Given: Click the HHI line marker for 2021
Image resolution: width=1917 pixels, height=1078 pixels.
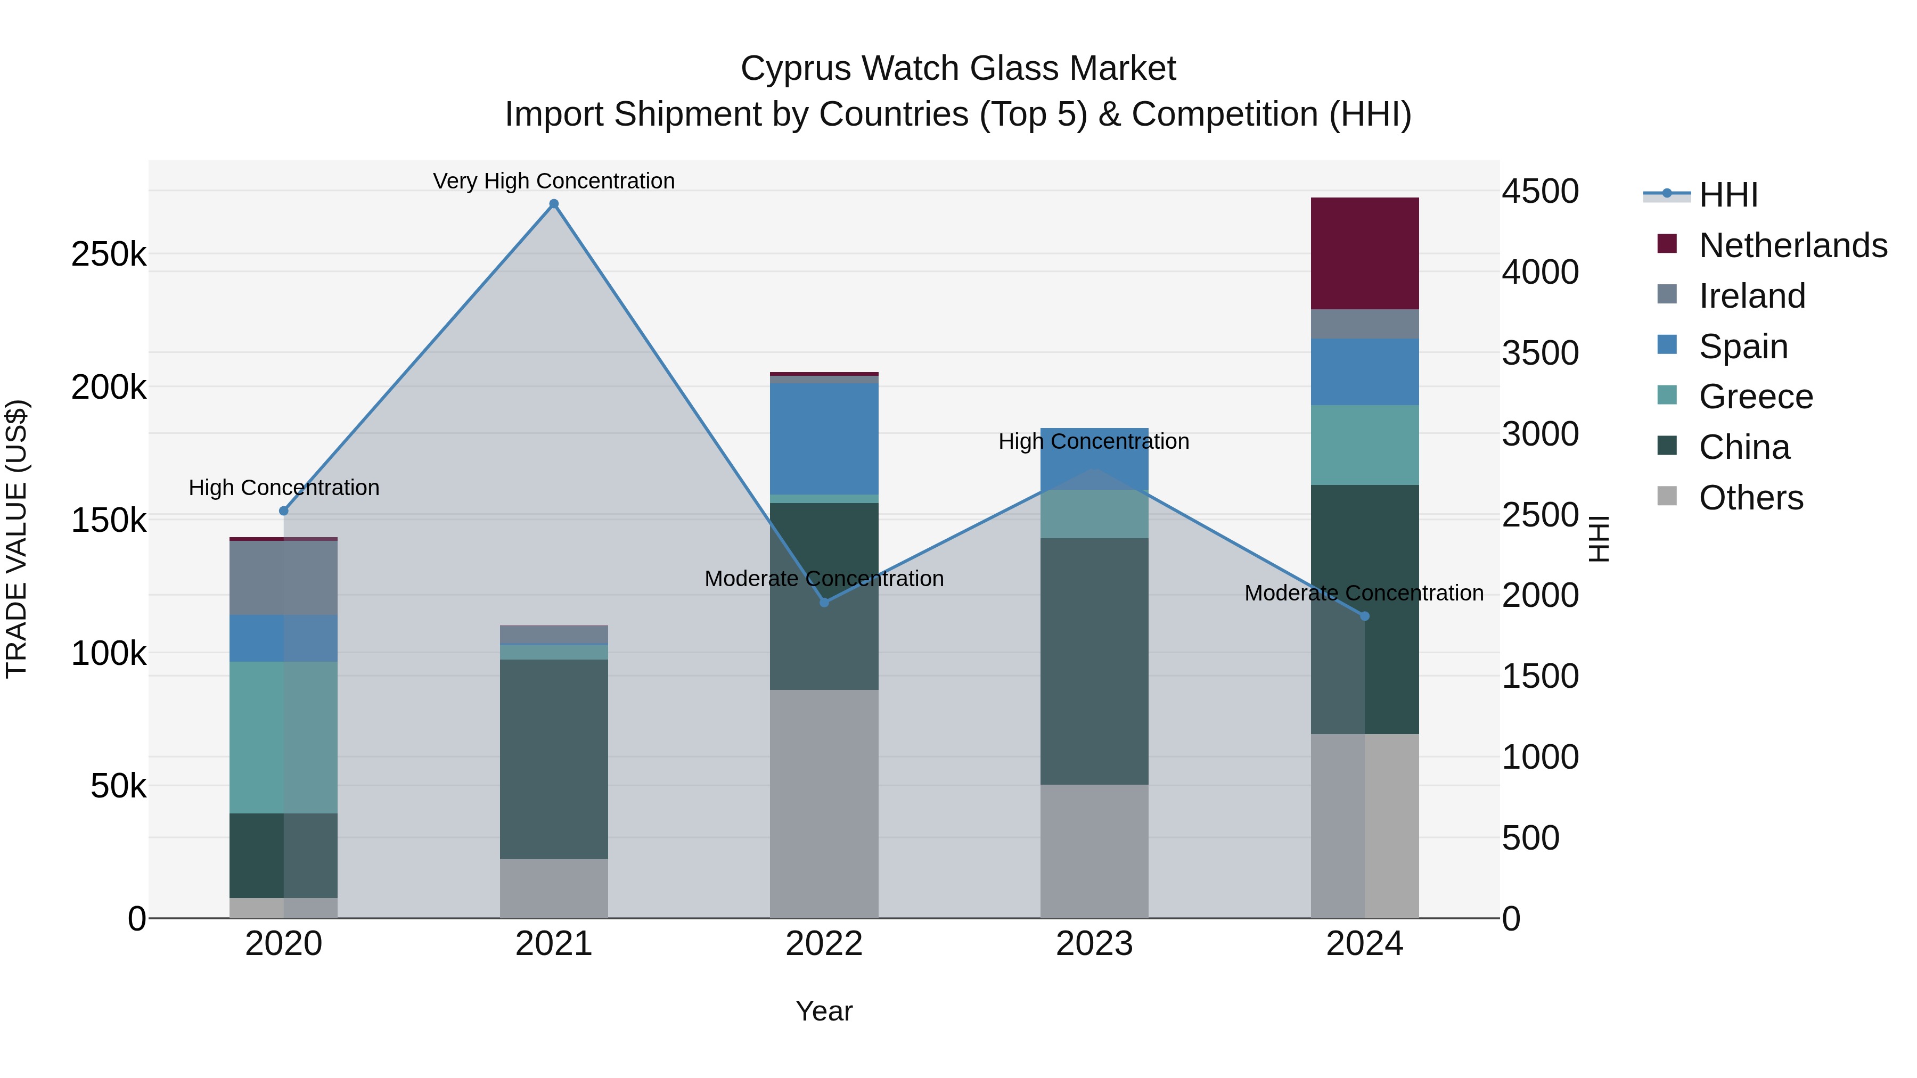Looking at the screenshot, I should tap(554, 204).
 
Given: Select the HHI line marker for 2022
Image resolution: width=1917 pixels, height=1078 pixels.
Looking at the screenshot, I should tap(824, 602).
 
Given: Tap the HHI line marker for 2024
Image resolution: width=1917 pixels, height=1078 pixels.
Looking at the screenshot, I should tap(1364, 616).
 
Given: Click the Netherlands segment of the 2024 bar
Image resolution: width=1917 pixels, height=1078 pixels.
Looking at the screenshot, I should tap(1364, 253).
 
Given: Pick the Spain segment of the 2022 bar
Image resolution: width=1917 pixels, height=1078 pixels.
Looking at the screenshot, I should tap(824, 439).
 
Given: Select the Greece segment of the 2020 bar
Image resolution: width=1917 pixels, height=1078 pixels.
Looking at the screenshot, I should tap(283, 737).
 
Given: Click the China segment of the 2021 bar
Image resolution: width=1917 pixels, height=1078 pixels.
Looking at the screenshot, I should tap(554, 759).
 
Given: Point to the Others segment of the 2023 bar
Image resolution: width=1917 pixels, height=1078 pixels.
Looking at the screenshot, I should tap(1094, 851).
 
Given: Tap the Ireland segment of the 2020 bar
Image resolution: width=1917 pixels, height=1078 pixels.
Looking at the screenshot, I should tap(283, 577).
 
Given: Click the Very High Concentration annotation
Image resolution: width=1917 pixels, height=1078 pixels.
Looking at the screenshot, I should tap(554, 181).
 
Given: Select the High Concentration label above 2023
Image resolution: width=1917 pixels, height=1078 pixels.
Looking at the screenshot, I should tap(1093, 441).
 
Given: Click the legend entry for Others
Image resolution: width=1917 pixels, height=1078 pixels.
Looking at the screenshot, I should tap(1750, 498).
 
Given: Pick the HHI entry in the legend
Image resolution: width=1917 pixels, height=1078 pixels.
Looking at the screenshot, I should tap(1728, 195).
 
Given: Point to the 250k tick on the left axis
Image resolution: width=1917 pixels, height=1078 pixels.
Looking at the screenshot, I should tap(109, 254).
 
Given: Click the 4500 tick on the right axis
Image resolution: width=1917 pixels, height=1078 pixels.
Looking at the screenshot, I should tap(1539, 191).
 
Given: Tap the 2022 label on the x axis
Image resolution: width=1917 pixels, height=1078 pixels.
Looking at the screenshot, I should tap(824, 944).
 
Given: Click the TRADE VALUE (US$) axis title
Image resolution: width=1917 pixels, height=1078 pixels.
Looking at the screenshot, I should tap(17, 539).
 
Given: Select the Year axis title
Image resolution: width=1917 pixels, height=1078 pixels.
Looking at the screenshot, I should tap(824, 1011).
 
